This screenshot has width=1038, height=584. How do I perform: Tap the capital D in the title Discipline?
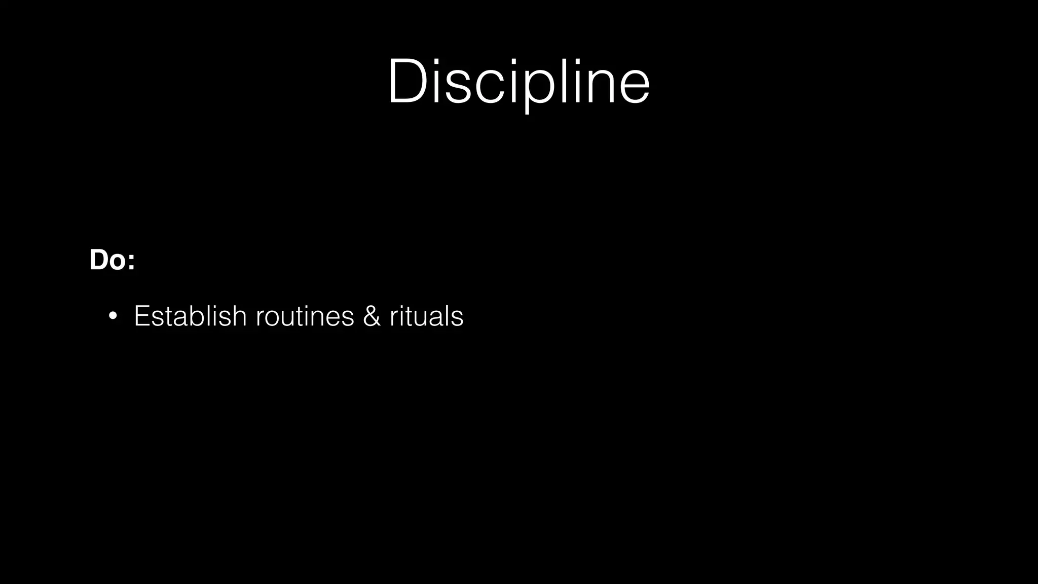[410, 82]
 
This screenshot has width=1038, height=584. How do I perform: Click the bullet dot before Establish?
[113, 316]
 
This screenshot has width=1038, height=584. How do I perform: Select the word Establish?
[190, 316]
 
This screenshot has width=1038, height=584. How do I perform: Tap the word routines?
[305, 316]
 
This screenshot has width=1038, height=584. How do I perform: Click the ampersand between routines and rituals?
[372, 316]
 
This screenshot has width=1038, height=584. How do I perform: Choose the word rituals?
[426, 316]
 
